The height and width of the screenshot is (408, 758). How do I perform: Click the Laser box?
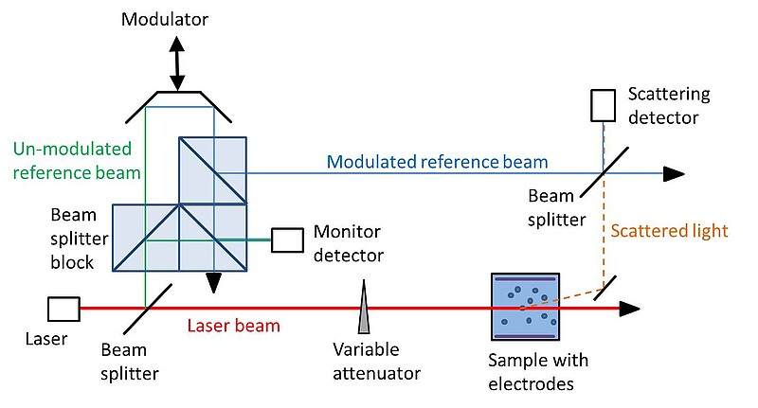[63, 309]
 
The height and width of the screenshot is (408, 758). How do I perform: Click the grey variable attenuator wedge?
[364, 307]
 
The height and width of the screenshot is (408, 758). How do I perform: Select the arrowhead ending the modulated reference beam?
[673, 173]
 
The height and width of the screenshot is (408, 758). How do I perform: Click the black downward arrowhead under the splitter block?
[214, 281]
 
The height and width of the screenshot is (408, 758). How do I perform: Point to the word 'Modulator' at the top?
[163, 19]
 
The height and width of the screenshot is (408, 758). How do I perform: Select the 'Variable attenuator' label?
[376, 361]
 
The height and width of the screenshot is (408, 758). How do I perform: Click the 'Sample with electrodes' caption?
[537, 373]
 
